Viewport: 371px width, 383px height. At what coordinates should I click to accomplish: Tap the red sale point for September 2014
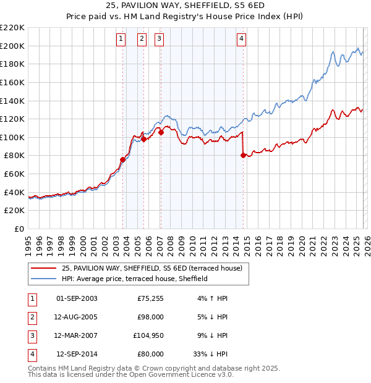243,156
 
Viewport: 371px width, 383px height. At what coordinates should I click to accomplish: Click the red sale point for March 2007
161,132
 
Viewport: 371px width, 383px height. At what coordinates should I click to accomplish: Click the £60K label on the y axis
15,174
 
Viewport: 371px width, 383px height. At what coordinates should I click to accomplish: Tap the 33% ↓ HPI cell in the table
210,354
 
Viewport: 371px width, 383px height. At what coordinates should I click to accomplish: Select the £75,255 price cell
150,298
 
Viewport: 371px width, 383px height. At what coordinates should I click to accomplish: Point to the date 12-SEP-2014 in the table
77,354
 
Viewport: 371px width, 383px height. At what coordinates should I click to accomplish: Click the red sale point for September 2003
122,160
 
